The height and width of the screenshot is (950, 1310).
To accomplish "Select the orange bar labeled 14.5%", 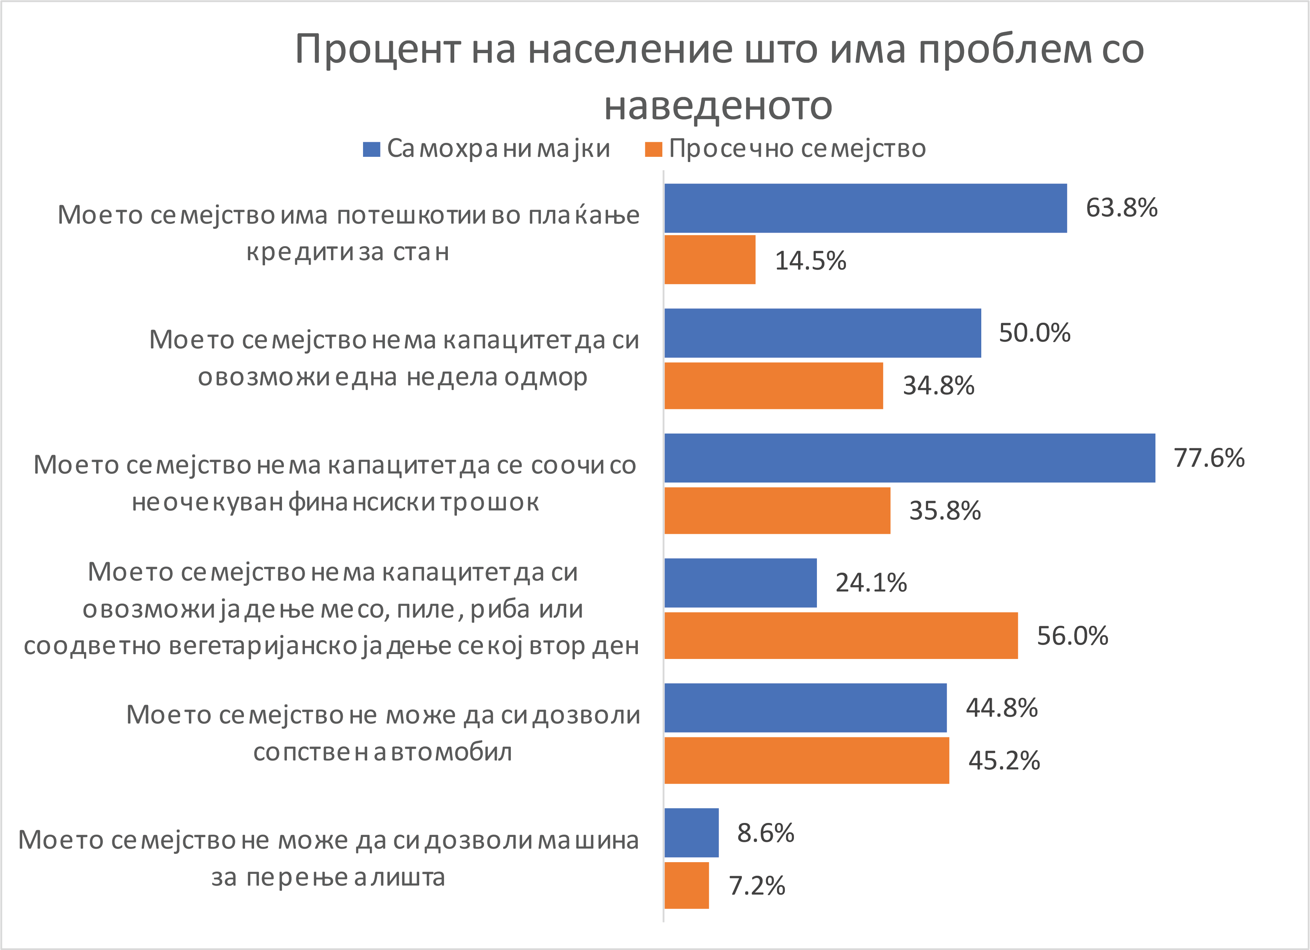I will coord(710,260).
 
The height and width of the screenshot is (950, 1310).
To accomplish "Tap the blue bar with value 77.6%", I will coord(910,458).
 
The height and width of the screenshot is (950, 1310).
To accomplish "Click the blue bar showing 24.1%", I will coord(740,583).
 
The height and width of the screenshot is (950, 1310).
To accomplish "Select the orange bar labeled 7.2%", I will coord(687,885).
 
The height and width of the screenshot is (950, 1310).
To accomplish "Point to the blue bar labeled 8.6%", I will coord(691,833).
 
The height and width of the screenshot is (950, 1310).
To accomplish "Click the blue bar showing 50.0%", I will coord(823,333).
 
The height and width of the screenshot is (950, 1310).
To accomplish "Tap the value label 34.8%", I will coord(939,386).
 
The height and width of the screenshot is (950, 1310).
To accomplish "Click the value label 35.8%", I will coord(945,510).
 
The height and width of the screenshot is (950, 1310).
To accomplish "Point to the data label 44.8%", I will coord(1002,708).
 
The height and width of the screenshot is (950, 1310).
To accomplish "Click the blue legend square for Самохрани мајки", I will coord(371,149).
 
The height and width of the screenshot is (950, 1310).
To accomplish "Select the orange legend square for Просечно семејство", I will coord(653,149).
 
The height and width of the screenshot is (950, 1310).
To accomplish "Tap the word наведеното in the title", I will coord(718,106).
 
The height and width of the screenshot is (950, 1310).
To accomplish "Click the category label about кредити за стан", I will coord(348,233).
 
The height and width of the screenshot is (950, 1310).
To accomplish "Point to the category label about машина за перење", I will coord(329,858).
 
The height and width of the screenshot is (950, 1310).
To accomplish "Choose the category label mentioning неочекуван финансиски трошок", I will coord(335,483).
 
